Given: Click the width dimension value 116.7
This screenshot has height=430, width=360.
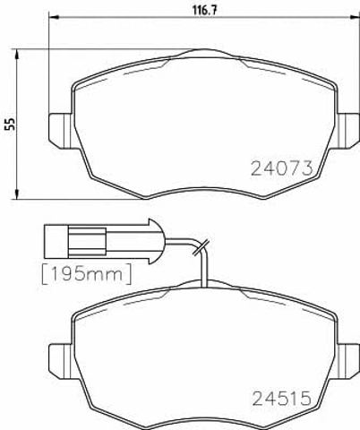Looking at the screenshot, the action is coord(204,10).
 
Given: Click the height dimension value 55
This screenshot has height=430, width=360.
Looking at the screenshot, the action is coord(11,124).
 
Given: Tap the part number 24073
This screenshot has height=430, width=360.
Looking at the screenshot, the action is coord(282,168).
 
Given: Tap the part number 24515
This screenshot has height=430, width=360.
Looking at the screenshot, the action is coord(282,399).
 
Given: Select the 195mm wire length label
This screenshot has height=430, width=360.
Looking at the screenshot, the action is coord(87,274).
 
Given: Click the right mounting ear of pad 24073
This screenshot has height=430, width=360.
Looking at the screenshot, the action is coord(348,131).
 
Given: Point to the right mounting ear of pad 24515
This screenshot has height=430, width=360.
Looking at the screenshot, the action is coord(348,361).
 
